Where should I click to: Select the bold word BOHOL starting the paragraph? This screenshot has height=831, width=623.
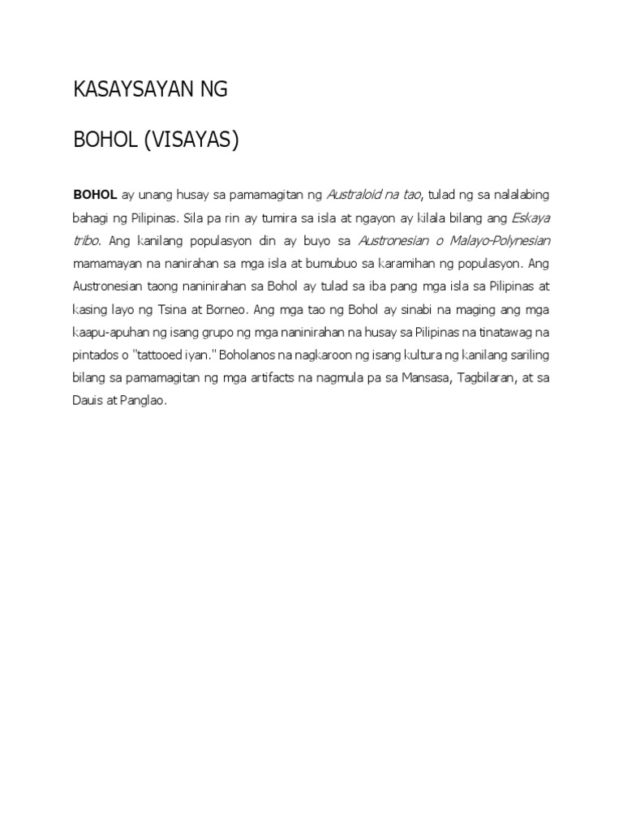pyautogui.click(x=96, y=195)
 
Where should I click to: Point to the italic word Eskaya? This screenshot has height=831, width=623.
pyautogui.click(x=531, y=218)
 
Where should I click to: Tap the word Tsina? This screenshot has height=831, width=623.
pyautogui.click(x=180, y=309)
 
